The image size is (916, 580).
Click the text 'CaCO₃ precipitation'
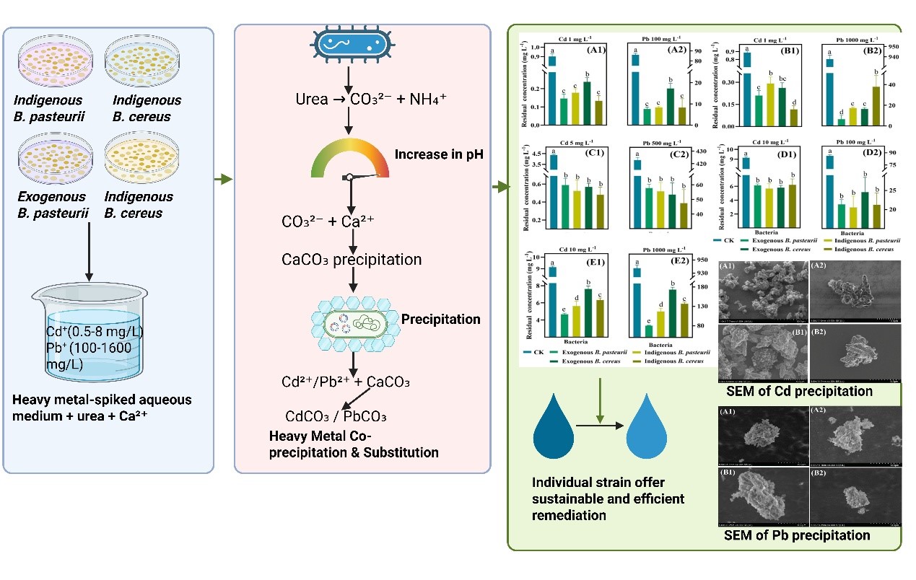pos(352,259)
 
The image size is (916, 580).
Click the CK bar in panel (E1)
pos(553,299)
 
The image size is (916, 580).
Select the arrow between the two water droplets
pos(598,426)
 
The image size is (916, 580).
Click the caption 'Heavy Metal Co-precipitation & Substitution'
pos(353,444)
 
